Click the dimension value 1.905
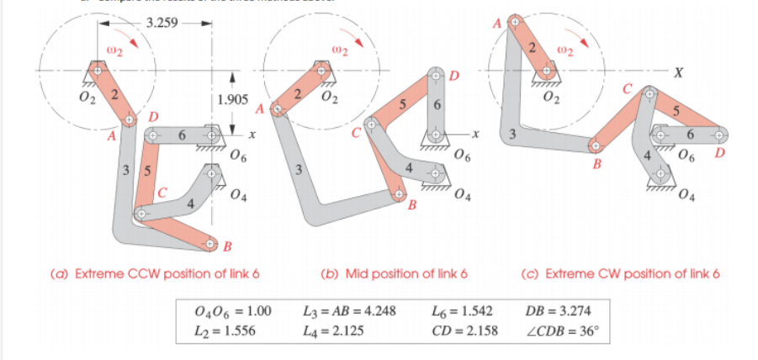[x=232, y=99]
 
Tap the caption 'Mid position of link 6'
[x=395, y=274]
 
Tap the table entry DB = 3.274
[x=556, y=311]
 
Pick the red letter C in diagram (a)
[x=164, y=192]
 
